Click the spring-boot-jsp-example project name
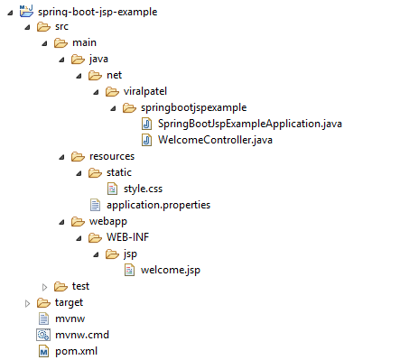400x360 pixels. point(98,12)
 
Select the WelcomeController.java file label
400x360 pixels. point(215,140)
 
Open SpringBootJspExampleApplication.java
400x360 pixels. point(250,124)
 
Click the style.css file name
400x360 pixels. point(143,189)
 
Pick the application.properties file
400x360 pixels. point(158,205)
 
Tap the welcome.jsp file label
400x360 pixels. point(171,270)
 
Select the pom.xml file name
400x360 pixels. point(76,351)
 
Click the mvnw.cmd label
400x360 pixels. point(82,335)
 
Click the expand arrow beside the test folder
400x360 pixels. point(44,287)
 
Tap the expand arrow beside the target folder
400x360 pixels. point(27,303)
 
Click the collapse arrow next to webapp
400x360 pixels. point(62,223)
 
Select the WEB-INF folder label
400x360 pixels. point(127,237)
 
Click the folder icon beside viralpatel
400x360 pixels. point(112,91)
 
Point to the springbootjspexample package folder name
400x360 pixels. point(194,107)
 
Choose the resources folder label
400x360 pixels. point(112,156)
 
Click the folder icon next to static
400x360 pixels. point(95,172)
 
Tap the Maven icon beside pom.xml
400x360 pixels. point(44,351)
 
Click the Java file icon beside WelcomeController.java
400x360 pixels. point(146,140)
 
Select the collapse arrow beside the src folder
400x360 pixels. point(28,28)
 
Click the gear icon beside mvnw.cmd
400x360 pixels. point(43,335)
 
